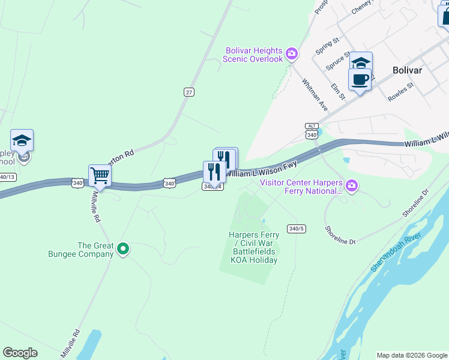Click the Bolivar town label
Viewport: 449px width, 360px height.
407,70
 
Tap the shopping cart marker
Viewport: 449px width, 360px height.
100,176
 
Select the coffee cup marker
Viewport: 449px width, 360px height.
360,79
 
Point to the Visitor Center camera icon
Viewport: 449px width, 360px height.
352,187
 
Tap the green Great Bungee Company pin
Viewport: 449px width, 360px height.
123,248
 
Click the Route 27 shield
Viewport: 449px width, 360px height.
189,92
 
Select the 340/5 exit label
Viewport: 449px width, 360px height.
297,229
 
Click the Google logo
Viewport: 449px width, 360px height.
20,353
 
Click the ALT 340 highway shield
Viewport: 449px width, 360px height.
311,131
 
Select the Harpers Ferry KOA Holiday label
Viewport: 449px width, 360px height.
253,248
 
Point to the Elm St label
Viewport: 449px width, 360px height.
339,92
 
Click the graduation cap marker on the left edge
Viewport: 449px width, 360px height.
22,141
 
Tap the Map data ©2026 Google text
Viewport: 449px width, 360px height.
411,355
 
